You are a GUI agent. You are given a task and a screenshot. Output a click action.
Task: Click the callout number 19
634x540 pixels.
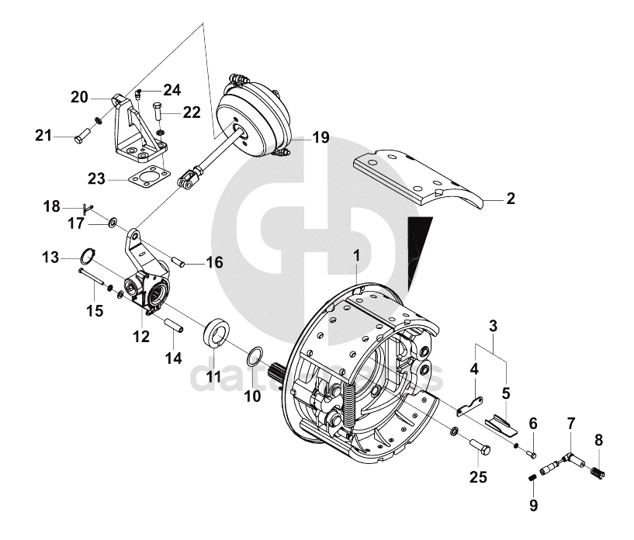320,138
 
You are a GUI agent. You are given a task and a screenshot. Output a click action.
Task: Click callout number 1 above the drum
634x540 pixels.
356,254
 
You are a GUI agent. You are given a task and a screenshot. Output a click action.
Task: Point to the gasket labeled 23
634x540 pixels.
147,180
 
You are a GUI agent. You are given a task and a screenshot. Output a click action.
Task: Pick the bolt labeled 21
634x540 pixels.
81,137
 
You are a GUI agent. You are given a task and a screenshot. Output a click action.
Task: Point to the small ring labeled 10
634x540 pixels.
253,357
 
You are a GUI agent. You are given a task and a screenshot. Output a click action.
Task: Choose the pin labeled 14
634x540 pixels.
172,324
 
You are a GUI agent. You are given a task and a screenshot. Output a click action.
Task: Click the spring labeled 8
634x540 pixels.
597,469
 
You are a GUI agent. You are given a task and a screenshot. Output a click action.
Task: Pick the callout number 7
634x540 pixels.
571,424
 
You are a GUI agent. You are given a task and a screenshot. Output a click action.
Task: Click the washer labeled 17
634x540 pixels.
114,223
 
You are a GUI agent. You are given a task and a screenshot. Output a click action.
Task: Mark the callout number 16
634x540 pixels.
215,263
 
